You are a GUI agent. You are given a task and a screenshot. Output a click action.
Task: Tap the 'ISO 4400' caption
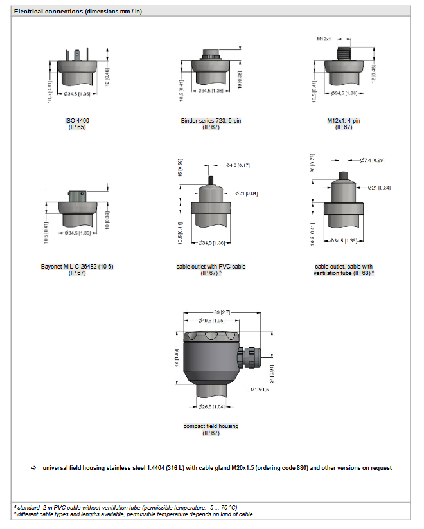click(x=76, y=121)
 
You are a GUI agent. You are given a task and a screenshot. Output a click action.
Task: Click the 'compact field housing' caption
click(x=211, y=426)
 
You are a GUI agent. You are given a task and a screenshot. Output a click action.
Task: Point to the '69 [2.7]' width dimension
click(x=222, y=312)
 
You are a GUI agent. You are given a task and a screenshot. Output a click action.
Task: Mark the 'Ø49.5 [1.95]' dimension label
click(x=210, y=320)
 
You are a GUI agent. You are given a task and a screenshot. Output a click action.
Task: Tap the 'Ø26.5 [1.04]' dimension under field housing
click(x=210, y=408)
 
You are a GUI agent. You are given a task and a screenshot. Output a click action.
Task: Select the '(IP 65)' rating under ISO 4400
click(x=76, y=127)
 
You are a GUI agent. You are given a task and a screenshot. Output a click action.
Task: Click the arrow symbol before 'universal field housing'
click(x=34, y=468)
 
